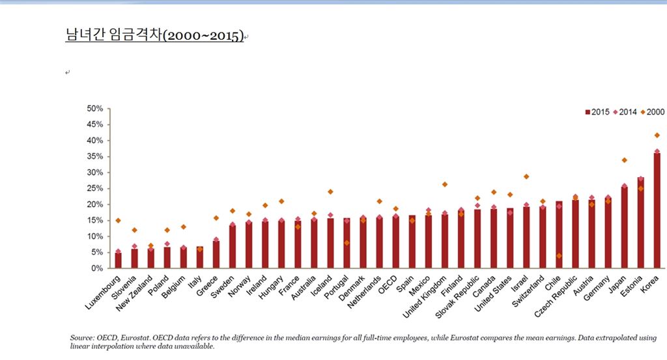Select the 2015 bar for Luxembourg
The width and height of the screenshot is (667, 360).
click(118, 260)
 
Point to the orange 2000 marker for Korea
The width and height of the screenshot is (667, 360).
click(657, 135)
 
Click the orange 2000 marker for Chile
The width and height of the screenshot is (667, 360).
click(559, 256)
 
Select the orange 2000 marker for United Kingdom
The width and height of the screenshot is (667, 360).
click(445, 184)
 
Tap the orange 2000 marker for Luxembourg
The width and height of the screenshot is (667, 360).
click(118, 221)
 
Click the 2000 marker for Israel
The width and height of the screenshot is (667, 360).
click(526, 176)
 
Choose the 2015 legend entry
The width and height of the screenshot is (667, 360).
click(596, 112)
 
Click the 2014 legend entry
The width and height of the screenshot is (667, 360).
click(627, 112)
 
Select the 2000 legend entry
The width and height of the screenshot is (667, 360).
click(653, 112)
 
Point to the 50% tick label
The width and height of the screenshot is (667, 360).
click(95, 109)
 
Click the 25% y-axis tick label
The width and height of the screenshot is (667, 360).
click(95, 188)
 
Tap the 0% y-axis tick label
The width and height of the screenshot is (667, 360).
click(97, 268)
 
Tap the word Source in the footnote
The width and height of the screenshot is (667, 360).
click(81, 338)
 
